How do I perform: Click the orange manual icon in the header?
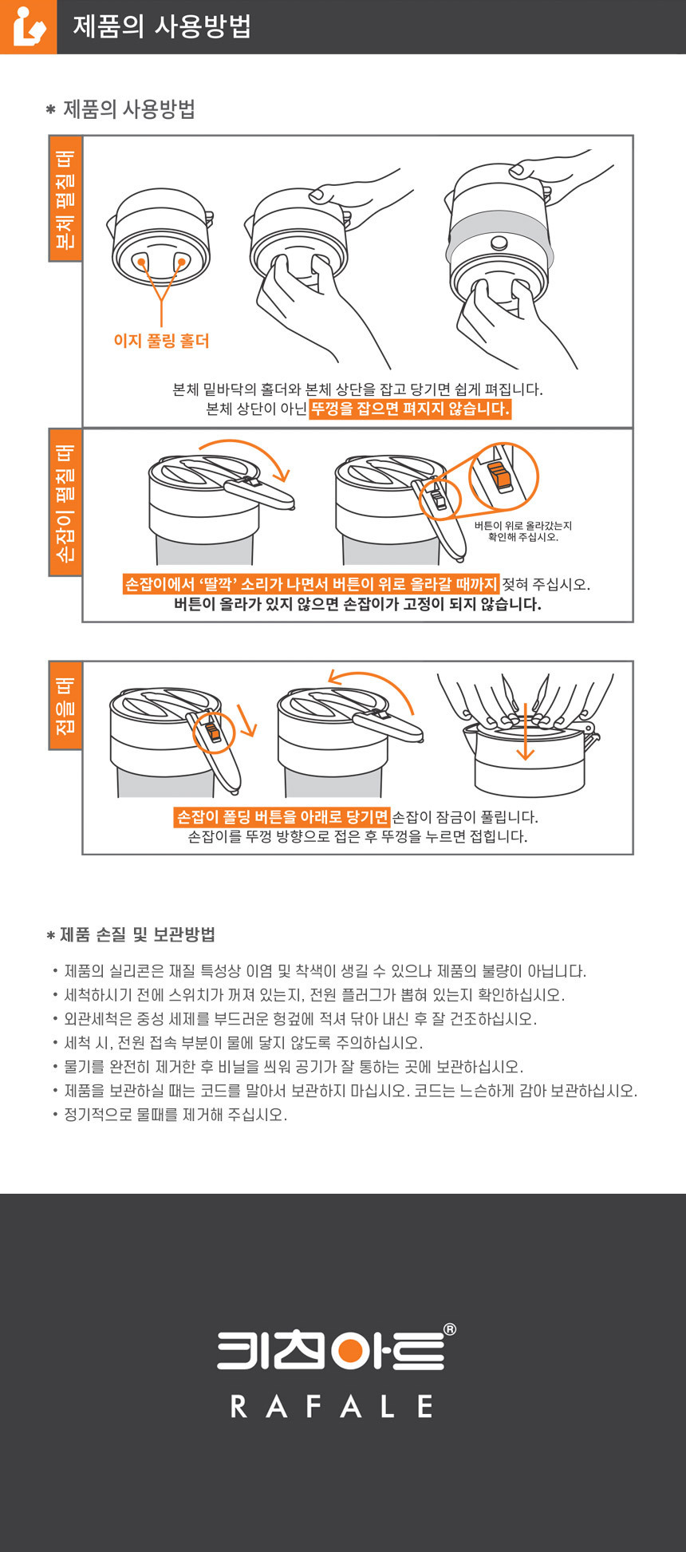[x=28, y=26]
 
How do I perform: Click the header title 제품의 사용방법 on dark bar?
[x=162, y=26]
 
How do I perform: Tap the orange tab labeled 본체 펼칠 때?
[x=65, y=199]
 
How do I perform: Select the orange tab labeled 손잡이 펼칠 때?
[x=65, y=502]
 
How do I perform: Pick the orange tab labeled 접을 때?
[x=65, y=705]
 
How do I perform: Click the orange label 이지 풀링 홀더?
[x=161, y=341]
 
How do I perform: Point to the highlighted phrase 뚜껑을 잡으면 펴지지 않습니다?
[x=410, y=409]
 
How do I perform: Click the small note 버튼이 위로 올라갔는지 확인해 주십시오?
[x=523, y=531]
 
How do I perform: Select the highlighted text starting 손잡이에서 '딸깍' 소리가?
[x=311, y=584]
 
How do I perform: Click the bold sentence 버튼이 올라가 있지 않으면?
[x=357, y=604]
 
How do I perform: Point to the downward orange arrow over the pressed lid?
[x=525, y=732]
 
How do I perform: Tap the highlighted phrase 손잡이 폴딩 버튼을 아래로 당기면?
[x=282, y=817]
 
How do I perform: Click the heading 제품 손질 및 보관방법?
[x=137, y=934]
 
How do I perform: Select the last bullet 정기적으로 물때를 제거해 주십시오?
[x=175, y=1115]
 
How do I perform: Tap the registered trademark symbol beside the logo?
[x=449, y=1329]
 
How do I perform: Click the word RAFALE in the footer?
[x=332, y=1406]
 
